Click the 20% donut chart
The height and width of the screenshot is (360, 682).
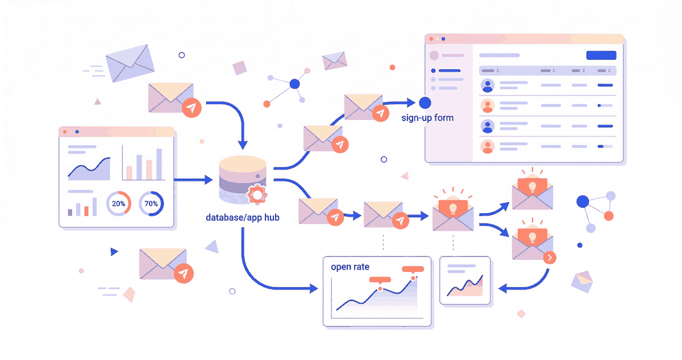click(119, 203)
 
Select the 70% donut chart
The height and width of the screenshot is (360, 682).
click(151, 203)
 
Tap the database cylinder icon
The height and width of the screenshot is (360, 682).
click(242, 179)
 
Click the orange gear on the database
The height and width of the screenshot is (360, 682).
click(257, 196)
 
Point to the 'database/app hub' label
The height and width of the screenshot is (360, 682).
click(243, 218)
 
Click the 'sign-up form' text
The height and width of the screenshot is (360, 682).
click(427, 118)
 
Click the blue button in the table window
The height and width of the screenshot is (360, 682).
click(601, 55)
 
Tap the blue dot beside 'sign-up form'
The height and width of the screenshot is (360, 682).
click(425, 103)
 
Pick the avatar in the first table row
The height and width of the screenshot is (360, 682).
click(487, 85)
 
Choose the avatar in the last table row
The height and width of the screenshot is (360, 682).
click(487, 147)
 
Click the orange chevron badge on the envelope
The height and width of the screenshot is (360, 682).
click(550, 258)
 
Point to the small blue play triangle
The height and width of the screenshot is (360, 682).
click(114, 251)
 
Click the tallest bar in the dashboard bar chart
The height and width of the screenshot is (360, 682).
click(159, 164)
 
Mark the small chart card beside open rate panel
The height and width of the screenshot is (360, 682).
click(465, 280)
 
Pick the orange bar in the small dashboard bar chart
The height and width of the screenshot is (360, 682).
click(86, 210)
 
